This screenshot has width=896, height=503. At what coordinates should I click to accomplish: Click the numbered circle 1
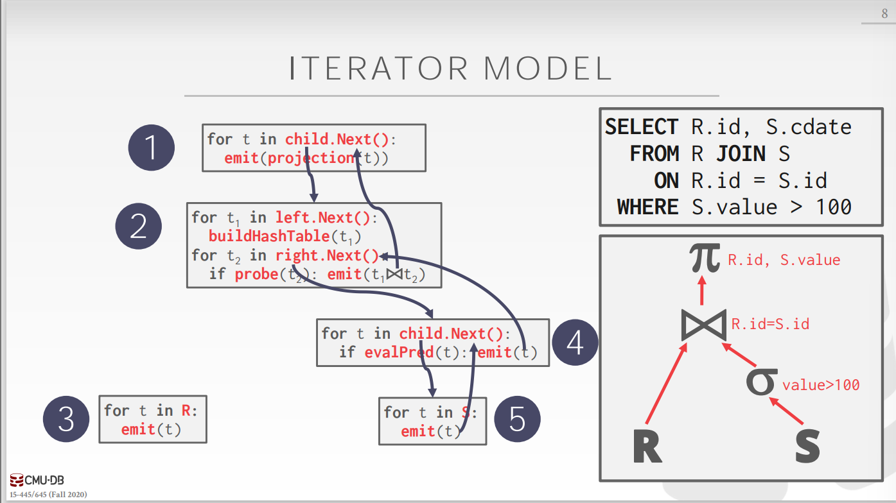coord(151,148)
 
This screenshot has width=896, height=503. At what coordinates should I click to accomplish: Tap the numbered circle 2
coord(139,226)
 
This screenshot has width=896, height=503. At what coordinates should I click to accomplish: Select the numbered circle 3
coord(66,420)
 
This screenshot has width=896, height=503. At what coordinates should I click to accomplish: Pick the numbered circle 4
coord(575,343)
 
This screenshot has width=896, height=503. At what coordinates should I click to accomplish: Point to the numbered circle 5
coord(517,420)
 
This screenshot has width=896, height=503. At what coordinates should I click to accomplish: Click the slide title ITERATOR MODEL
coord(450,69)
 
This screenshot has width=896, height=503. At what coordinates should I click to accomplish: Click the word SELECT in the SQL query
coord(641,127)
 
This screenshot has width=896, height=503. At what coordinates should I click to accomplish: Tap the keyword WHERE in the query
coord(647,207)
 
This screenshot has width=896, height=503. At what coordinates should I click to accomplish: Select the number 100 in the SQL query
coord(833,207)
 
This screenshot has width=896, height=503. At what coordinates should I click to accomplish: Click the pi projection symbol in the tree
coord(704,258)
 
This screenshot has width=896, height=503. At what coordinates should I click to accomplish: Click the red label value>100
coord(820,385)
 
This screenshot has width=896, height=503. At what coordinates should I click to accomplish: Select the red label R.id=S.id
coord(770,324)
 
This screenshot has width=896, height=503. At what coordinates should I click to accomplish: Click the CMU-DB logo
coord(37,480)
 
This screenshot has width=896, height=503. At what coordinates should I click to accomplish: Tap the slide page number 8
coord(884,14)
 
